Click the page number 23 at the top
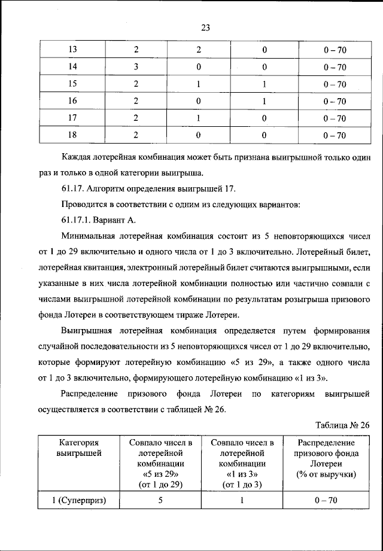pyautogui.click(x=205, y=27)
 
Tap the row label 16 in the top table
pyautogui.click(x=73, y=101)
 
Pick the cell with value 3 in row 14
pyautogui.click(x=136, y=67)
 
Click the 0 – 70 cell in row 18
pyautogui.click(x=335, y=135)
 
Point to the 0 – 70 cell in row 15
pyautogui.click(x=335, y=84)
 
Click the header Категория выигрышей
pyautogui.click(x=78, y=448)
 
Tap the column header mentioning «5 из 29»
pyautogui.click(x=160, y=464)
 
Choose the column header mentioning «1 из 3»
pyautogui.click(x=242, y=464)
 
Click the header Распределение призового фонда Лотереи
pyautogui.click(x=326, y=458)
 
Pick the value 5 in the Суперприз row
pyautogui.click(x=160, y=501)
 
